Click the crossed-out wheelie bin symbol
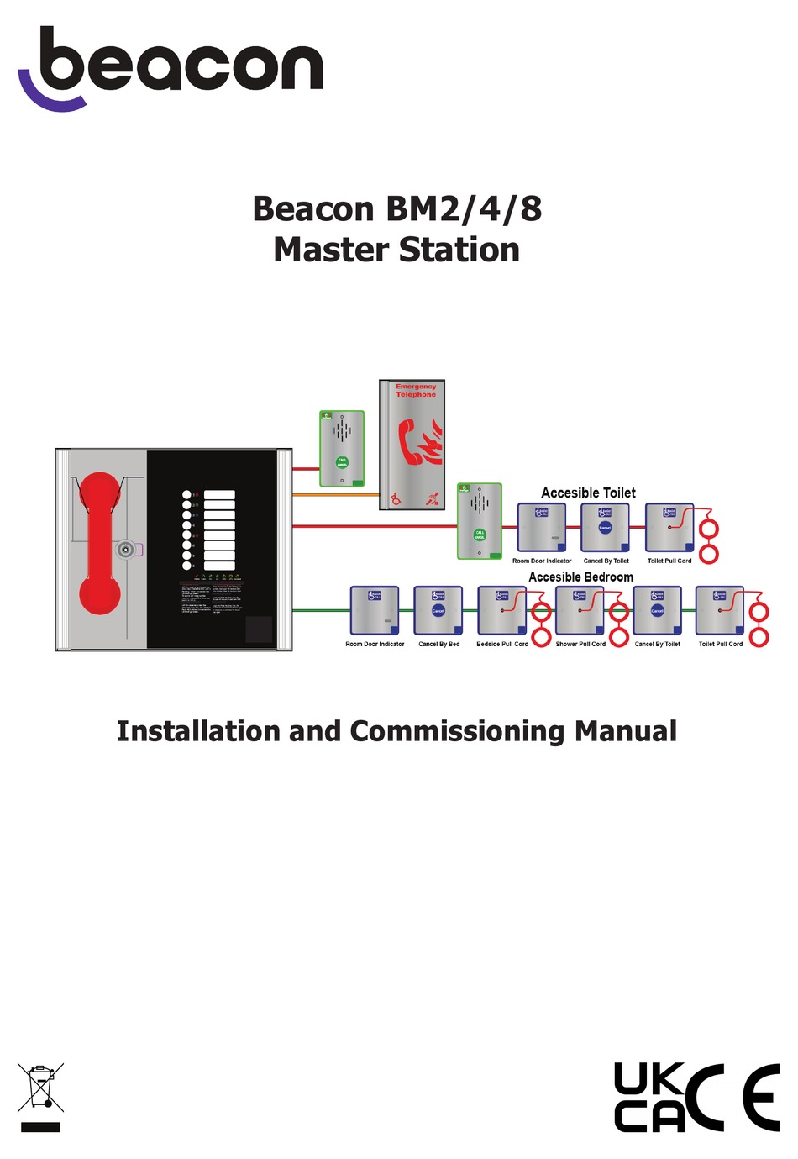40,1088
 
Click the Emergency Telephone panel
412,445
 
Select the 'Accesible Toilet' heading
588,493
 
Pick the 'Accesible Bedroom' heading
580,577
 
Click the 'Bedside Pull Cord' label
502,645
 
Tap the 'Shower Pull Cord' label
580,645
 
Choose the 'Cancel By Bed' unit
438,610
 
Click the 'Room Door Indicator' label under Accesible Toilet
542,561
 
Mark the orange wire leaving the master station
336,495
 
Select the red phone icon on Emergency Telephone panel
412,442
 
